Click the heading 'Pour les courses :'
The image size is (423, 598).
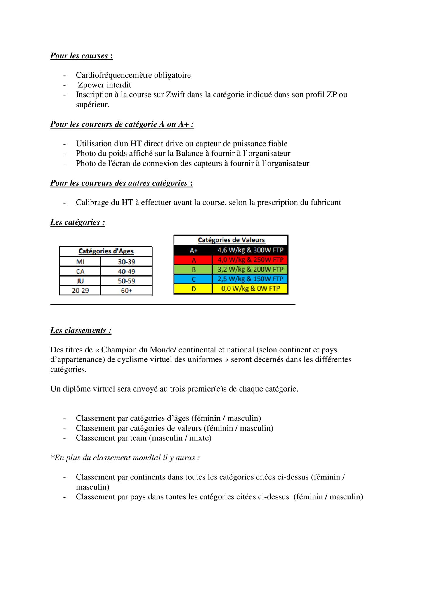82,55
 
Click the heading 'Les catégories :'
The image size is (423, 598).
77,222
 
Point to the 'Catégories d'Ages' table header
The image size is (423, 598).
106,251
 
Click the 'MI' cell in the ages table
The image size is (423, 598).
80,262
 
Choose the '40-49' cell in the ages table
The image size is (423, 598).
126,271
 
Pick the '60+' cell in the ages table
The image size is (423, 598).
126,291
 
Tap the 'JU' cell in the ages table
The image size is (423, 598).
80,281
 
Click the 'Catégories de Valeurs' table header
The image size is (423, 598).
231,240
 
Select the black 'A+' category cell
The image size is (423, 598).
193,250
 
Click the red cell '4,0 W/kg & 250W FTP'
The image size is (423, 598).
250,260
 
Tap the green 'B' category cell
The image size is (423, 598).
193,270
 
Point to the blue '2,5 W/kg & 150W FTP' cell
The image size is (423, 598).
250,279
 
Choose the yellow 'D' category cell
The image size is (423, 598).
193,289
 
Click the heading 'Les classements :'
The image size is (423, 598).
81,330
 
